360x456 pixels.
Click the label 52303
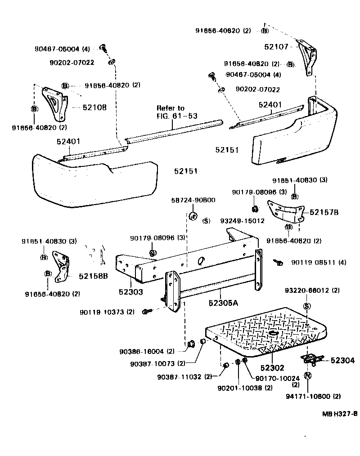tap(131, 292)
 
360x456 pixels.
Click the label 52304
tap(342, 360)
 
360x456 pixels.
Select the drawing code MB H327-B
tap(339, 413)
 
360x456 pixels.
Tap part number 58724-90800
tap(194, 200)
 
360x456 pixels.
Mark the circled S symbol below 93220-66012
tap(307, 306)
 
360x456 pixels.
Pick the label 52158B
tap(94, 276)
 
